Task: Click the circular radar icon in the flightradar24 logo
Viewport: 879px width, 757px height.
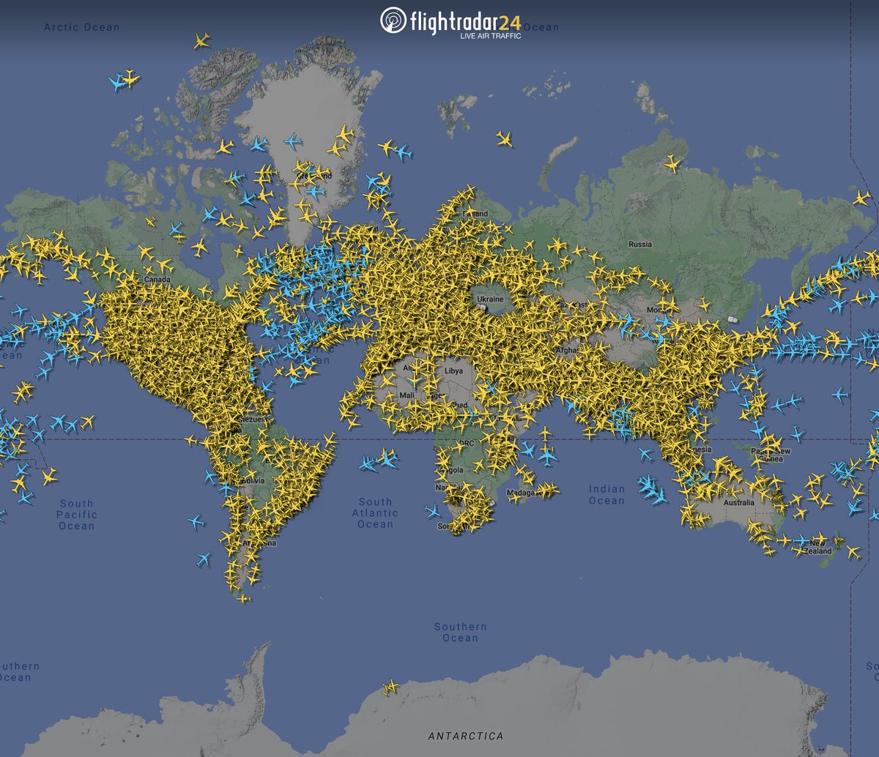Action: tap(393, 20)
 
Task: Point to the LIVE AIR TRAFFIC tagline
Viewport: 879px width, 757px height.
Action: tap(490, 36)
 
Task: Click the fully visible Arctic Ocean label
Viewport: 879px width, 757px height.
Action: tap(81, 27)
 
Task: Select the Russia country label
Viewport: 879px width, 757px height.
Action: tap(639, 244)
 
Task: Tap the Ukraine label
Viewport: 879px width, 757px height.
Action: tap(490, 299)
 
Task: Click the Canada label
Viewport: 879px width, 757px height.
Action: tap(157, 280)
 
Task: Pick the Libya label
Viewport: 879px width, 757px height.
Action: tap(454, 371)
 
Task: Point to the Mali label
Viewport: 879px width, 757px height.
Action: tap(406, 395)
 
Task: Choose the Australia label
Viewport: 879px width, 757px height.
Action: tap(738, 503)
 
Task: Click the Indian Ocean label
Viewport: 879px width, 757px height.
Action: tap(607, 495)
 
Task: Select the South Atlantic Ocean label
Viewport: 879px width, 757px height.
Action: tap(375, 512)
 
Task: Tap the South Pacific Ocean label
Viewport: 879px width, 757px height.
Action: tap(76, 515)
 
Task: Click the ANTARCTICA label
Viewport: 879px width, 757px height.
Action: tap(466, 736)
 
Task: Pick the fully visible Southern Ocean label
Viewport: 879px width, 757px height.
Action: tap(460, 632)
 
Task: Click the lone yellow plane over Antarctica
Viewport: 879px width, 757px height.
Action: tap(390, 687)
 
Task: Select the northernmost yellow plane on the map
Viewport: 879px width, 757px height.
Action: tap(202, 40)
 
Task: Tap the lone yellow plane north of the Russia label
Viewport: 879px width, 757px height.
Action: tap(671, 163)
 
